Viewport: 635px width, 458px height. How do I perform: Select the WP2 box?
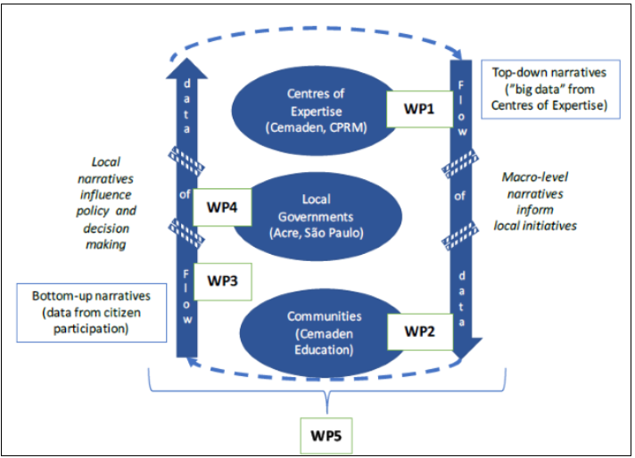tap(419, 331)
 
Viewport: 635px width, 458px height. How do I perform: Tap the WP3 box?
tap(222, 281)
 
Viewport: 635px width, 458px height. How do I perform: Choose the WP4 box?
tap(222, 207)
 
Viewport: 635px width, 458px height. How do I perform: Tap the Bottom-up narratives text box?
tap(93, 313)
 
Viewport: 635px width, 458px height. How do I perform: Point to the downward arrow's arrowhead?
tap(466, 346)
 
